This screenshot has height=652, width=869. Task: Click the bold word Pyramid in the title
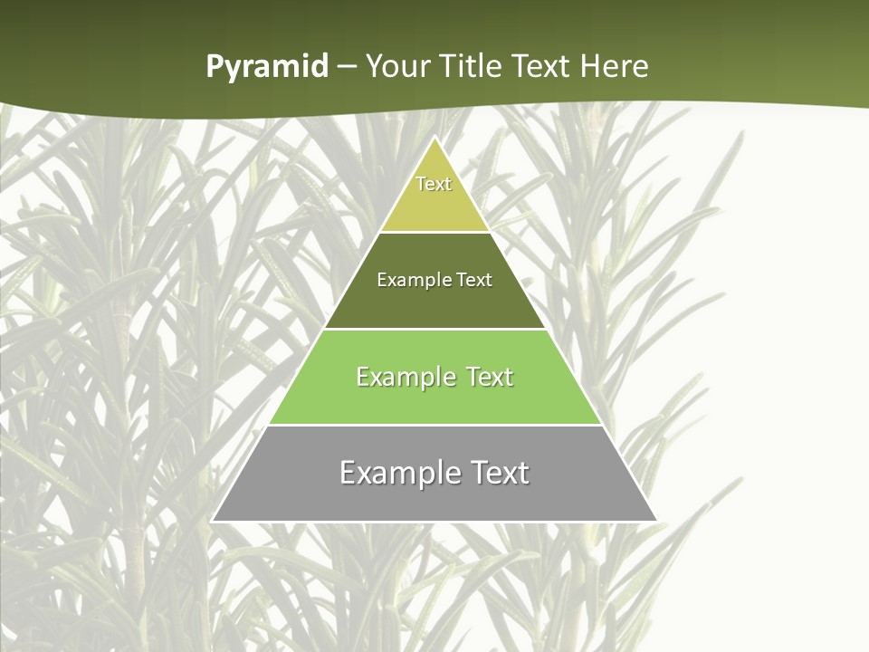point(267,67)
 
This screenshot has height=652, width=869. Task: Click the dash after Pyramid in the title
point(347,67)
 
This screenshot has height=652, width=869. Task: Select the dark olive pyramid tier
point(434,303)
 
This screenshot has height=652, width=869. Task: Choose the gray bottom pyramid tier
point(434,498)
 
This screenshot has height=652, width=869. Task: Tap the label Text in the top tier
point(434,184)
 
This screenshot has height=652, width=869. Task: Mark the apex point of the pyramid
point(434,138)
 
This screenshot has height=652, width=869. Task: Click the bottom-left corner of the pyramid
point(213,521)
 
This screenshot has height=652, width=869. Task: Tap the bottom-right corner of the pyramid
point(656,521)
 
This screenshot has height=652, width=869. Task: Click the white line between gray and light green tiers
point(434,425)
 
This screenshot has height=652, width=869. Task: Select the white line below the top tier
point(434,232)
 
